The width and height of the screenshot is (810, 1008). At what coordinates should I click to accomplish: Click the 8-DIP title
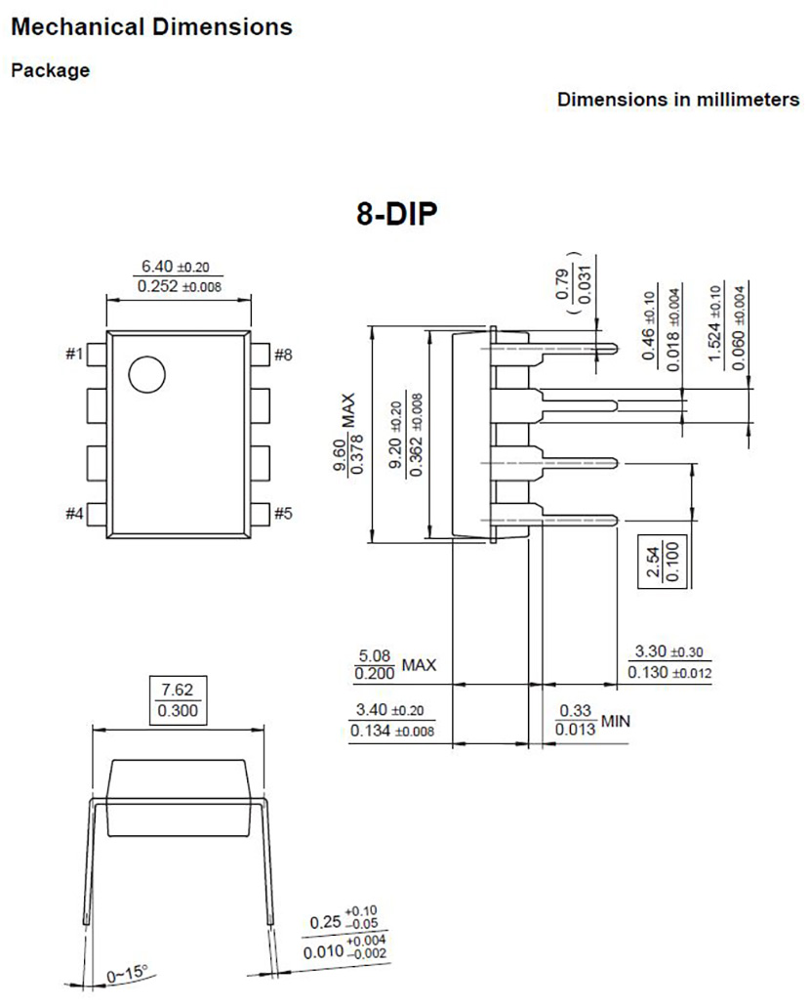click(x=396, y=214)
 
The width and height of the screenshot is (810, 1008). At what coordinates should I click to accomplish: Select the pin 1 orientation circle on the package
click(x=147, y=375)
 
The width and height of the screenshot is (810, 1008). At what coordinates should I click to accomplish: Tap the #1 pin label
click(x=74, y=354)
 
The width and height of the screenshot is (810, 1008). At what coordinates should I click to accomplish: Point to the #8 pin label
click(x=283, y=355)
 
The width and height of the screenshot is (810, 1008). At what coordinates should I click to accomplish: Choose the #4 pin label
click(x=74, y=514)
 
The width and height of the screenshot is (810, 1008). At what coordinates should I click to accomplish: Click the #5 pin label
click(x=283, y=513)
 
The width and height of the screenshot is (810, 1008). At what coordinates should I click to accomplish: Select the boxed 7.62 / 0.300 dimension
click(x=178, y=700)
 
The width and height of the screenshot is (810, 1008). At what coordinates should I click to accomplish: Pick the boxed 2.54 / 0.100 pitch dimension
click(x=662, y=562)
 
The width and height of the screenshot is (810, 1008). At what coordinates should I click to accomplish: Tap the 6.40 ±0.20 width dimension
click(x=176, y=266)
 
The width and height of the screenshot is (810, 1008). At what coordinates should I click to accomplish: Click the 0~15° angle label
click(x=127, y=974)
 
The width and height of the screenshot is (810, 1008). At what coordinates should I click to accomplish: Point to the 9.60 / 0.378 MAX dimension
click(x=348, y=434)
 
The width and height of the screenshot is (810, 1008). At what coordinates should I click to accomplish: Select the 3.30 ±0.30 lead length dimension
click(x=669, y=651)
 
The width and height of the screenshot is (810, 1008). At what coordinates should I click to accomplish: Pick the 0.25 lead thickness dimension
click(x=344, y=919)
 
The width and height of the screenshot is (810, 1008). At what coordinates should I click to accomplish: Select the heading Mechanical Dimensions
click(x=151, y=26)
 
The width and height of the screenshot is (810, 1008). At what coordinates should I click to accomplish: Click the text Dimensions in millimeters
click(x=678, y=100)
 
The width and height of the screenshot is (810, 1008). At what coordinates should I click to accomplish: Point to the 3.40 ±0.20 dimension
click(x=390, y=710)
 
